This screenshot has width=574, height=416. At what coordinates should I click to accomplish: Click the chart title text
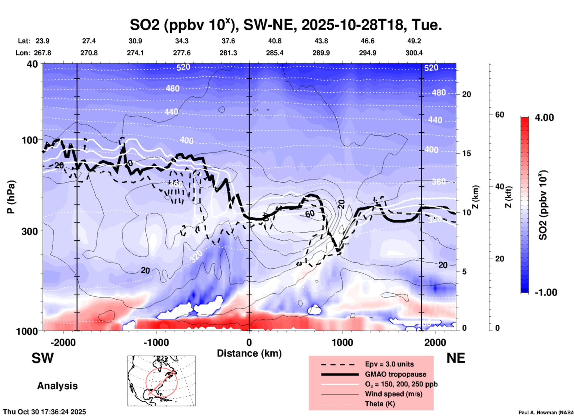pos(286,24)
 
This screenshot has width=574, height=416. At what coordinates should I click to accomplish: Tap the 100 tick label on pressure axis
pos(30,140)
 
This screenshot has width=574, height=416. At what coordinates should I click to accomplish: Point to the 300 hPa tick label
pos(30,231)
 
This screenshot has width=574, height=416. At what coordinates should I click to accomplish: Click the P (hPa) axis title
pos(11,197)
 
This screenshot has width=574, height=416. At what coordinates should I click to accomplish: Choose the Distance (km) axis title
pos(249,353)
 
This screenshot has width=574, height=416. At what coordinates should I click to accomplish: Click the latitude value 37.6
pos(228,41)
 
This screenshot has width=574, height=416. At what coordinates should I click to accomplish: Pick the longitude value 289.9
pos(321,53)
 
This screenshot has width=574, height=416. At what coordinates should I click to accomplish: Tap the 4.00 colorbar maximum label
pos(544,118)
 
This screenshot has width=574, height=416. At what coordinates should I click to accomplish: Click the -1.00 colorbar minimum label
pos(546,292)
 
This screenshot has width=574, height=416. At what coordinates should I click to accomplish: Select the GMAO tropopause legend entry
pos(395,374)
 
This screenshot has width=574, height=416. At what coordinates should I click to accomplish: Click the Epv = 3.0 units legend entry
pos(389,364)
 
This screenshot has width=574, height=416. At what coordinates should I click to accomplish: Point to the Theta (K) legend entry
pos(380,404)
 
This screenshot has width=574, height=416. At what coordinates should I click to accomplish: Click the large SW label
pos(43,358)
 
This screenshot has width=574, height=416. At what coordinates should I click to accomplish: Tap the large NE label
pos(456,358)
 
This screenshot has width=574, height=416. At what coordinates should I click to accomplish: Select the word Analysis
pos(57,386)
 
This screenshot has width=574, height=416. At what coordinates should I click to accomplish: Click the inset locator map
pos(162,381)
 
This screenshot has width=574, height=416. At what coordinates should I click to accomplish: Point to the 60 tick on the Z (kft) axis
pos(499,115)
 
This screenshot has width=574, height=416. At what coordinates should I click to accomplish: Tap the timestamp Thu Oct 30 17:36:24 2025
pos(44,412)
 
